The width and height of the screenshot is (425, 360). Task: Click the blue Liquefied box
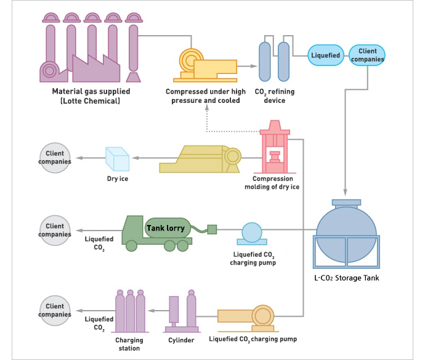coord(326,55)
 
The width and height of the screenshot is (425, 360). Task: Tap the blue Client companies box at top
coord(367,55)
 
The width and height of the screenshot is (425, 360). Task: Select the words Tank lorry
coord(165,228)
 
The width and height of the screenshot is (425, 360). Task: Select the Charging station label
coord(129,344)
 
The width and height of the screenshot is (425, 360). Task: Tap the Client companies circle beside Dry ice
coord(55,158)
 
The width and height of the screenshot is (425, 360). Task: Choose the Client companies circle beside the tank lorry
coord(55,231)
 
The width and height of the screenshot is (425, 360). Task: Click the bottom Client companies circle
coord(55,310)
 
